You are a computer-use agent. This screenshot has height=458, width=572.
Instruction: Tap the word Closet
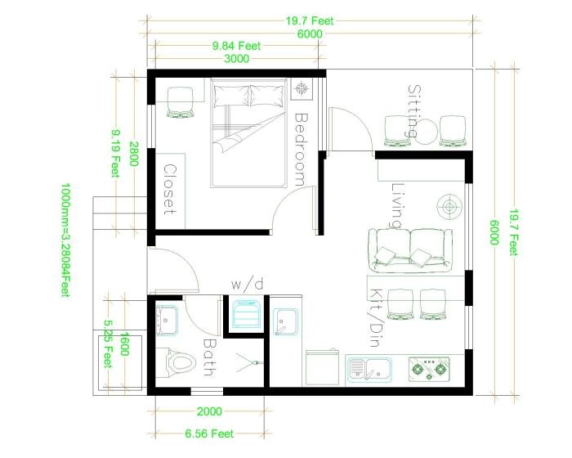tap(171, 189)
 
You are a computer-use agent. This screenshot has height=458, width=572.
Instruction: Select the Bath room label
tap(208, 358)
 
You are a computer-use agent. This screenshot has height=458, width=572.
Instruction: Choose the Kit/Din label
tap(376, 315)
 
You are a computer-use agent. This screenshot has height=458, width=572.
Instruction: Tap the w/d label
tap(247, 285)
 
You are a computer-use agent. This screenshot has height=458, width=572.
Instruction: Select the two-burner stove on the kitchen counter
tap(430, 370)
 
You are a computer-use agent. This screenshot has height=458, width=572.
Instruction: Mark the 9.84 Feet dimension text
tap(236, 47)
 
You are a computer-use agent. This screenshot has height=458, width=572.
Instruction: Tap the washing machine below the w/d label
tap(246, 315)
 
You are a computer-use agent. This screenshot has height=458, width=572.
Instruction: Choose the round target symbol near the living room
tap(448, 205)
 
